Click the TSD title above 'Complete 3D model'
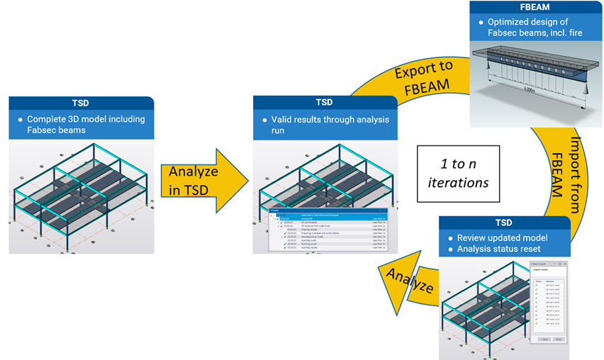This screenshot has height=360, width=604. coord(81,102)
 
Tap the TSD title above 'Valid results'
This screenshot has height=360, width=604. coord(323,102)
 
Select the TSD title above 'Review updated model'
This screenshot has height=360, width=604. coord(505,223)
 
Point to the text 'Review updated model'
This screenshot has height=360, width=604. coord(503,237)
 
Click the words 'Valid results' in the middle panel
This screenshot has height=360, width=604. coord(305,119)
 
